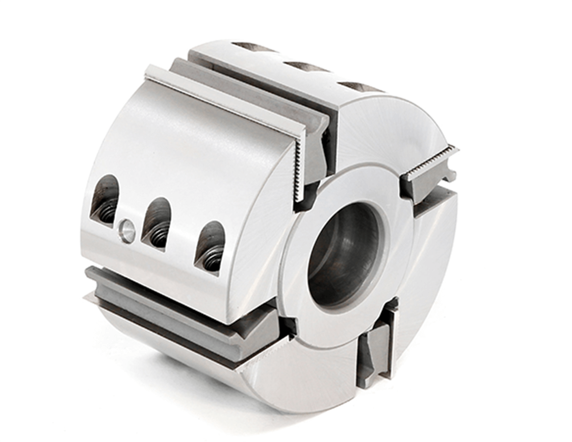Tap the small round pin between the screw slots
(x=127, y=231)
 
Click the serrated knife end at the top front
(x=299, y=167)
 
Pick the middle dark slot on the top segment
(x=306, y=67)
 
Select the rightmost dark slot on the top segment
(x=360, y=87)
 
